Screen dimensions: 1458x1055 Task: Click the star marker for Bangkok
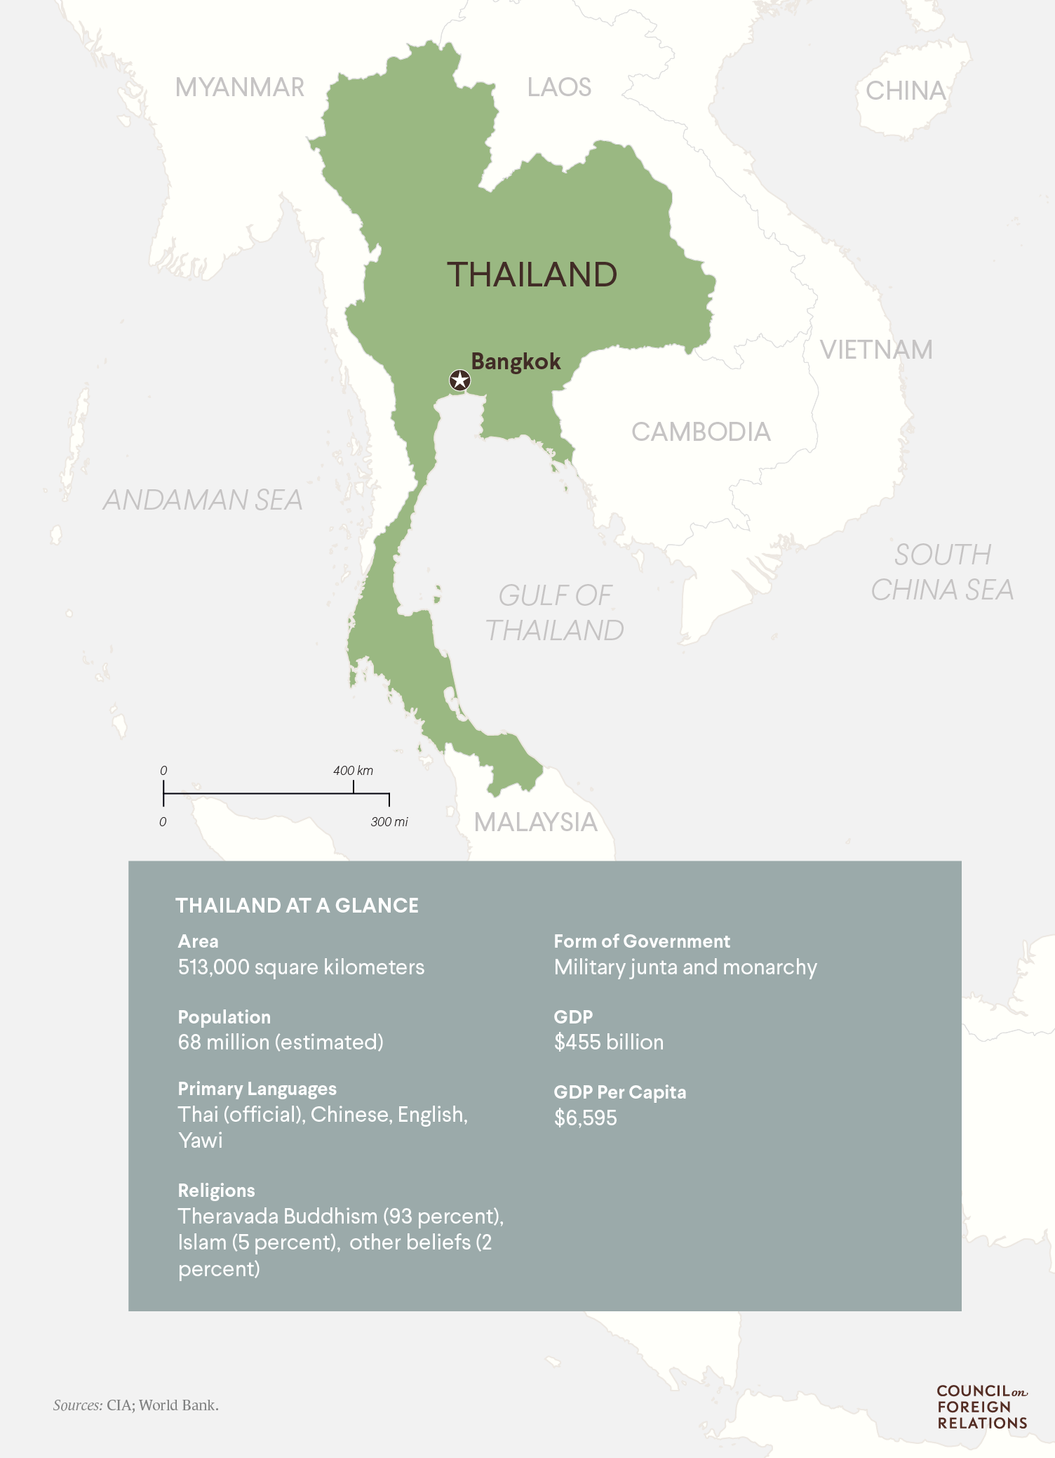pos(459,380)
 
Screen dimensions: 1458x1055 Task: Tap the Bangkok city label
pos(516,362)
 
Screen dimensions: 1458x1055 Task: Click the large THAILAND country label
pos(532,274)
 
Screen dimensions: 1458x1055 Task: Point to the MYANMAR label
pos(240,88)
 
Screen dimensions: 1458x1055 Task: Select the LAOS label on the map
pos(559,88)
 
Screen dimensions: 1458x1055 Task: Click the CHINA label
pos(906,91)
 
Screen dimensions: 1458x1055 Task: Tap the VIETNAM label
pos(876,350)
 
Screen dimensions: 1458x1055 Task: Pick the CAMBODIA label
pos(701,432)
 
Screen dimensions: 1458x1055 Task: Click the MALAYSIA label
pos(535,822)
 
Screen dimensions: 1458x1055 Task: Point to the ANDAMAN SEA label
pos(203,500)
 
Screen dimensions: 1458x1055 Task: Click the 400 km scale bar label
pos(353,771)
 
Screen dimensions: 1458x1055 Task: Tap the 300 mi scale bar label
pos(389,822)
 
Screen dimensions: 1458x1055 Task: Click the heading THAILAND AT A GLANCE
pos(297,906)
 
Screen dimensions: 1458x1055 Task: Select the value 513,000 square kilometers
pos(301,967)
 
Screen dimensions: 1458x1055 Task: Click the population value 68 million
pos(281,1042)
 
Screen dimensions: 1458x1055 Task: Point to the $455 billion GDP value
pos(608,1042)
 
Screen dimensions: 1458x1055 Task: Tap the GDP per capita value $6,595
pos(585,1118)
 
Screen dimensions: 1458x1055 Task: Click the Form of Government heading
pos(641,941)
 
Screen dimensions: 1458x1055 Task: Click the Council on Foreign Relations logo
pos(982,1407)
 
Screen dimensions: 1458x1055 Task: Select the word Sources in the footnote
pos(77,1405)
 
